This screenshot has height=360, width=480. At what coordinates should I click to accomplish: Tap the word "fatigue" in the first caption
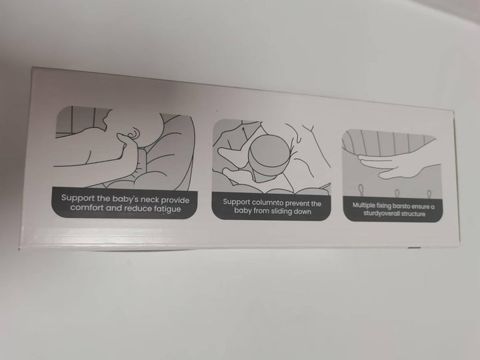coord(167,209)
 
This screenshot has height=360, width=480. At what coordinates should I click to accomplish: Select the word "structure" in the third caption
coord(413,214)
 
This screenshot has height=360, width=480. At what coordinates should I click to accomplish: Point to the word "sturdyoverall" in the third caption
coord(381,213)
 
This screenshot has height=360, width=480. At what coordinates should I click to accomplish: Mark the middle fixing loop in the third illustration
coord(397,193)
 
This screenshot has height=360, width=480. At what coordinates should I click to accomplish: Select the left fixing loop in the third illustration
coord(361,190)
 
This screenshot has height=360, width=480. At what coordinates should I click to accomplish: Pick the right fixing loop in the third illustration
coord(429,194)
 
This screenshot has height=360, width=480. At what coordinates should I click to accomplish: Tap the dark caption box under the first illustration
coord(125,203)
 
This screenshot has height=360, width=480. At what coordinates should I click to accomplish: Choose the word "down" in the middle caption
coord(303,212)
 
